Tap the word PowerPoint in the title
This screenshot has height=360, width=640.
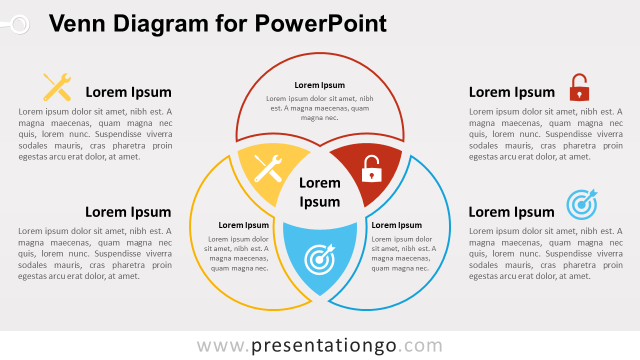click(x=320, y=23)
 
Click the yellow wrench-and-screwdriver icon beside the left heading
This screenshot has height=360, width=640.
click(x=57, y=87)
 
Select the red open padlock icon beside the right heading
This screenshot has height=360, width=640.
click(x=579, y=88)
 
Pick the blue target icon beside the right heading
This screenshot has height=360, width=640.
click(x=581, y=204)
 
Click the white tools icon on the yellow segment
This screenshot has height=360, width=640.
click(x=268, y=168)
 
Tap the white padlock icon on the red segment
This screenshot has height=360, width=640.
click(x=371, y=169)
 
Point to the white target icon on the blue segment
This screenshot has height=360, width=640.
click(x=319, y=259)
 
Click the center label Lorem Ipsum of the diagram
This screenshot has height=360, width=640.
click(x=320, y=192)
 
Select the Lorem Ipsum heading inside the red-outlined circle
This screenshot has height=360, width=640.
click(x=319, y=85)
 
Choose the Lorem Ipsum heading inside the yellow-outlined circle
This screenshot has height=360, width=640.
click(x=243, y=225)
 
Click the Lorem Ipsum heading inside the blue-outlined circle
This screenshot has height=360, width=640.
click(x=396, y=225)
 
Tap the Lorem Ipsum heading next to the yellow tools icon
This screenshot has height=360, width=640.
click(x=128, y=92)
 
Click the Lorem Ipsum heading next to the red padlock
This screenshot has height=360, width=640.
click(x=511, y=92)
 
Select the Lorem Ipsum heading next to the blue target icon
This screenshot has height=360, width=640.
click(x=511, y=212)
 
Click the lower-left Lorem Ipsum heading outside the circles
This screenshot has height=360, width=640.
click(x=128, y=212)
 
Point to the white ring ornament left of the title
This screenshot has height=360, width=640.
click(x=19, y=24)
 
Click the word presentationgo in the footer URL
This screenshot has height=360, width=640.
click(x=323, y=345)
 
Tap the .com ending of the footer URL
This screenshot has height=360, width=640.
click(x=420, y=345)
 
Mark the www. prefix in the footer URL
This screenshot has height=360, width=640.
click(x=223, y=345)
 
